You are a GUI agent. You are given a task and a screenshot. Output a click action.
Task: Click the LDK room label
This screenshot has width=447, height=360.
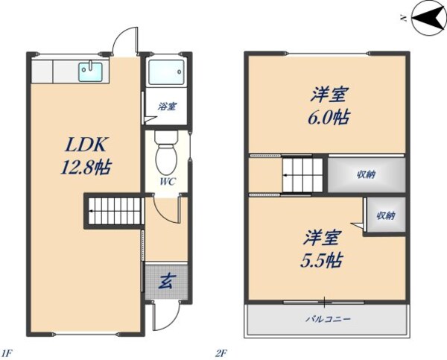[83, 144]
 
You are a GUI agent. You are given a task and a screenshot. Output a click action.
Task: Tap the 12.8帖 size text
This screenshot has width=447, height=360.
[85, 167]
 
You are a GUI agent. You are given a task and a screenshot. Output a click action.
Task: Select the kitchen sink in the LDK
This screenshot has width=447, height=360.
[91, 72]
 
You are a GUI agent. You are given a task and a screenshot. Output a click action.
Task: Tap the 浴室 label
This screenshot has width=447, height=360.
[167, 107]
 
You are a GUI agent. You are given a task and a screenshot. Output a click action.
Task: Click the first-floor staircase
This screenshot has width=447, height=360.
[114, 210]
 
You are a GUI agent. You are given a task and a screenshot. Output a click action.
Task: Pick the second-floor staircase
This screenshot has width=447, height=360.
[302, 177]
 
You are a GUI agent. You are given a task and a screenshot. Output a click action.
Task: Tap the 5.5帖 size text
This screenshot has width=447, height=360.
[323, 261]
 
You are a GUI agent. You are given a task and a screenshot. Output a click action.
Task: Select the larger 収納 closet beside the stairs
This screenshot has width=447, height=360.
[365, 176]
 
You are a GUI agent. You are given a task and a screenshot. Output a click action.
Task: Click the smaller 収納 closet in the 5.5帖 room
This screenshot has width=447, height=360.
[384, 216]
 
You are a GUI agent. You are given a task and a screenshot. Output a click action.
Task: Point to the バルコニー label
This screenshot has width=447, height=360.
[327, 319]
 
